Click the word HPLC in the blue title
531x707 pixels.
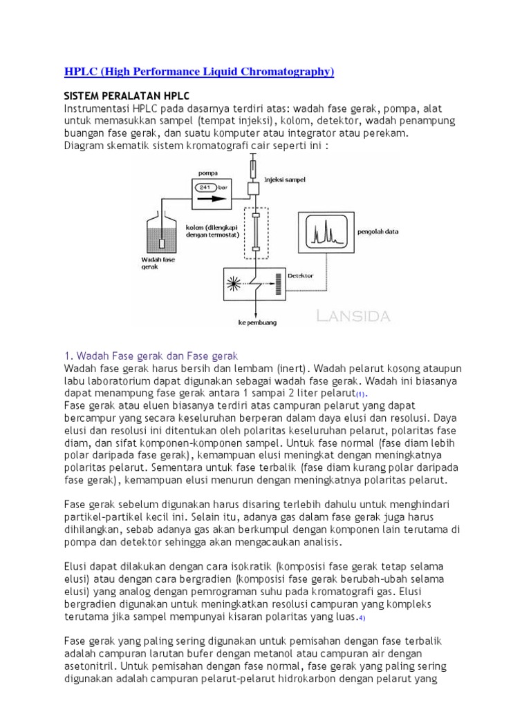tap(80, 72)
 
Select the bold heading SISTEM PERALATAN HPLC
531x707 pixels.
tap(127, 95)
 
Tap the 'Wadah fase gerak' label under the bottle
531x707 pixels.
tap(154, 263)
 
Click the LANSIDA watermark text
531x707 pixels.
tap(353, 316)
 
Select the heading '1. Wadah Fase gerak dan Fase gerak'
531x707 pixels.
tap(151, 356)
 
